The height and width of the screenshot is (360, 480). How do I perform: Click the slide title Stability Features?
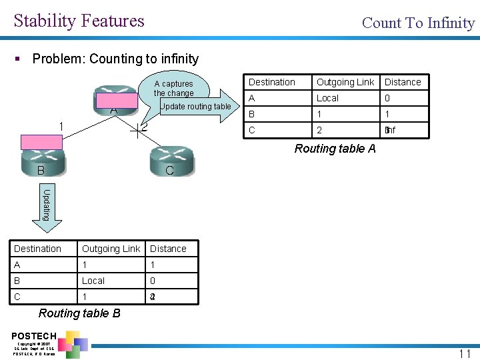79,21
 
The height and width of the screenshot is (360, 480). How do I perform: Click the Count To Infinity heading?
418,23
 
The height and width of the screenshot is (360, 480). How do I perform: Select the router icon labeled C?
171,162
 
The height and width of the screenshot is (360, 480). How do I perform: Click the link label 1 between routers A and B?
61,127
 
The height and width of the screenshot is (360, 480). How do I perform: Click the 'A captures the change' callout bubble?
175,88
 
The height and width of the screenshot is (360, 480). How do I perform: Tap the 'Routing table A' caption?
335,149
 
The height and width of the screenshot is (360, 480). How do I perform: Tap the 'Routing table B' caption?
79,313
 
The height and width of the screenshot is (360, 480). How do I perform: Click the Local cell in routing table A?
327,98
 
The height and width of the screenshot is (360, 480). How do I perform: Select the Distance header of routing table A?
403,82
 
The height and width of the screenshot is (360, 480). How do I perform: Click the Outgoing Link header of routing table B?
111,249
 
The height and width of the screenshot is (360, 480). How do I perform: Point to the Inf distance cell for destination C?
390,130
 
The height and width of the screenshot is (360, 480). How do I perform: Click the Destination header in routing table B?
38,249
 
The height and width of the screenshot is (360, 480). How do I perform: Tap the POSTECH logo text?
34,335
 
